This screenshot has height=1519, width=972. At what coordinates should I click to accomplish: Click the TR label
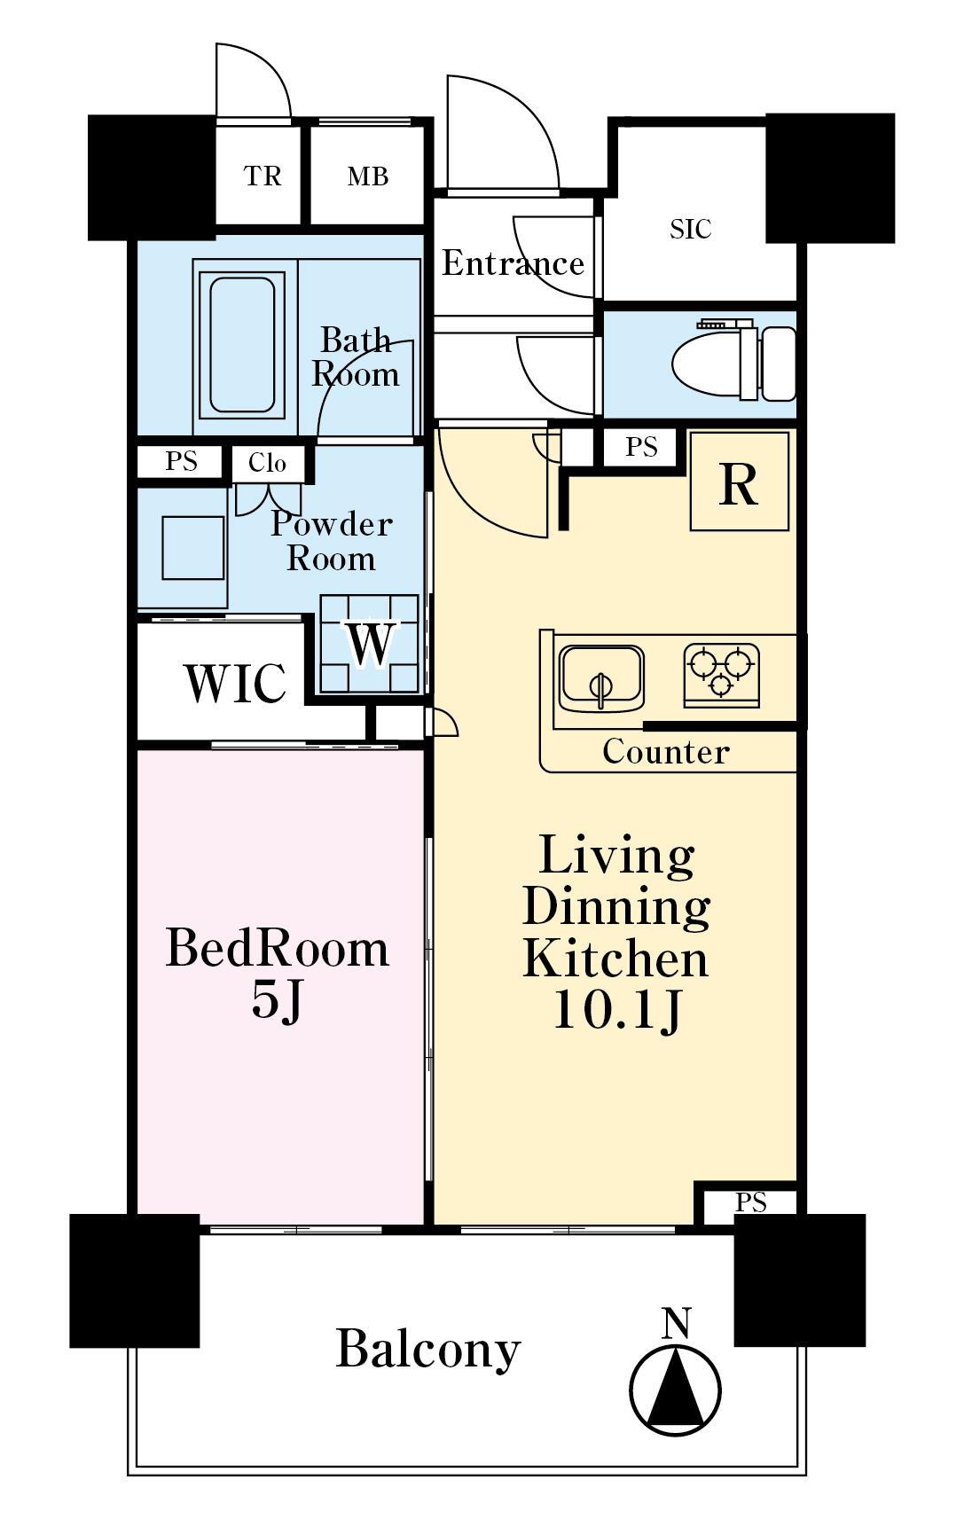tap(263, 176)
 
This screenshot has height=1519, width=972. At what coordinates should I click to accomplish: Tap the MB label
tap(368, 177)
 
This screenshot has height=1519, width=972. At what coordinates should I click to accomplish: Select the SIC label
tap(691, 229)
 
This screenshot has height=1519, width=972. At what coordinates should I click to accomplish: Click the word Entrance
tap(513, 263)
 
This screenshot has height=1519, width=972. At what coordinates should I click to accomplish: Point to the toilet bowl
tap(733, 364)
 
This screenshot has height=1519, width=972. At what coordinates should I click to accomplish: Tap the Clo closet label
tap(267, 463)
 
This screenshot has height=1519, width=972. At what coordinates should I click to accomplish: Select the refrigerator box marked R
tap(740, 481)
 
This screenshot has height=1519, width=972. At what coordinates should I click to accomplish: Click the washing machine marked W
tap(369, 644)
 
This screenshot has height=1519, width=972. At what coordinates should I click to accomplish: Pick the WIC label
tap(235, 683)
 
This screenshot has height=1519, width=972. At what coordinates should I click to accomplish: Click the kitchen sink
tap(601, 678)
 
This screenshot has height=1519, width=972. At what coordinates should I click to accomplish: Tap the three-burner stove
tap(721, 676)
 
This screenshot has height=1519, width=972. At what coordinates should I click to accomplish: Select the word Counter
tap(665, 751)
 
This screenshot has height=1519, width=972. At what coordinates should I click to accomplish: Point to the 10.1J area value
tap(617, 1010)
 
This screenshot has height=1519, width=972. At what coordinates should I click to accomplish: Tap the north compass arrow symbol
tap(676, 1385)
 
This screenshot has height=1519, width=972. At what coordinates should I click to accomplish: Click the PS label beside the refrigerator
tap(641, 447)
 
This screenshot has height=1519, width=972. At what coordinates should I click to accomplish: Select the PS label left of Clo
tap(181, 462)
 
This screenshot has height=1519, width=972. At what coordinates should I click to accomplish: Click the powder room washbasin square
tap(193, 548)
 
